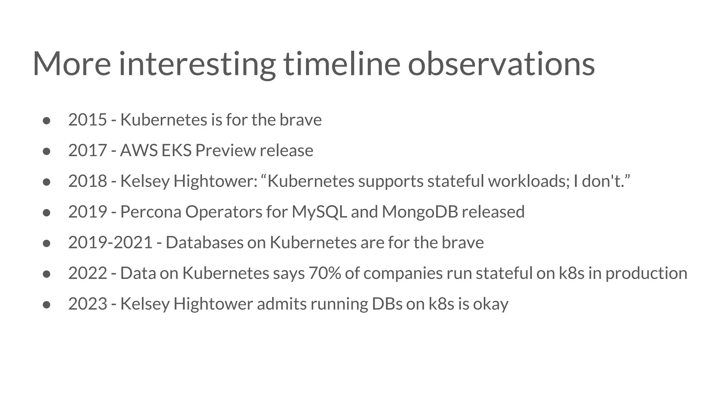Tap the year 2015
[87, 120]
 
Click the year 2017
[87, 150]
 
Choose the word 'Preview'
[225, 150]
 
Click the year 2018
[87, 181]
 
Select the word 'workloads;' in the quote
[529, 181]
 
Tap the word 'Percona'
[151, 212]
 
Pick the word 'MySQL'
[319, 212]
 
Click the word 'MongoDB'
[420, 212]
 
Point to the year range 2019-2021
[110, 242]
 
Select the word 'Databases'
[204, 242]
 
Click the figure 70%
[325, 273]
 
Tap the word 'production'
[646, 273]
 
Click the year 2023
[87, 304]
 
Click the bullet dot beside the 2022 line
[47, 274]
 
